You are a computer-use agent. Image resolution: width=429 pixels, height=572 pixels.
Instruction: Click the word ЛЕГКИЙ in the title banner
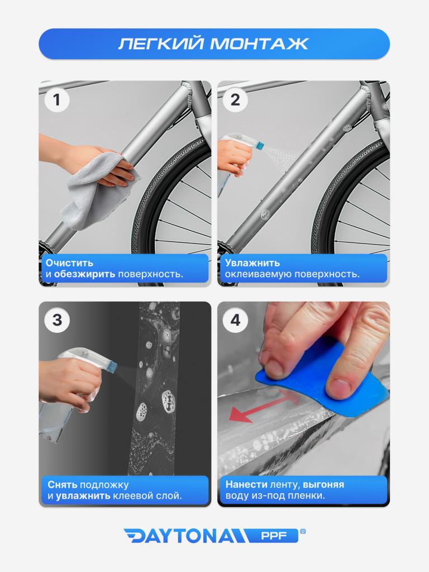[161, 44]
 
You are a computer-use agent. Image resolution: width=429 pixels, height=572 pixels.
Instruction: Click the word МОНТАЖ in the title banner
[259, 44]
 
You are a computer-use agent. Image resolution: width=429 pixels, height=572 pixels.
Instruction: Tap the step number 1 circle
[57, 100]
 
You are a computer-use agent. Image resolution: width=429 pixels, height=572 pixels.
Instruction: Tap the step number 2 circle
[235, 100]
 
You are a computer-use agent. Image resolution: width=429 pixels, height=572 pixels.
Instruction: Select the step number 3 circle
[57, 320]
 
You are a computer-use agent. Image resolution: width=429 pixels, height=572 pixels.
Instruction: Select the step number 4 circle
[235, 320]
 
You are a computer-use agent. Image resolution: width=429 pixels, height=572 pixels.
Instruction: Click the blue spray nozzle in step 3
[112, 365]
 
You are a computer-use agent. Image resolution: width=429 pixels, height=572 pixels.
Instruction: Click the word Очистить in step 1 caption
[69, 263]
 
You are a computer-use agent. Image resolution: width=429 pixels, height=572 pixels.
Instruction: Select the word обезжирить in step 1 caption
[85, 274]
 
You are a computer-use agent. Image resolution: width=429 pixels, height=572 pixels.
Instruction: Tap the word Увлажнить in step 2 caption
[252, 263]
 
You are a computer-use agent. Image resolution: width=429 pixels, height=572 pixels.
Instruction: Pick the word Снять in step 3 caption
[63, 485]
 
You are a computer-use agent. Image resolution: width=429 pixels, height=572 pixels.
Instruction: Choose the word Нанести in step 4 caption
[246, 484]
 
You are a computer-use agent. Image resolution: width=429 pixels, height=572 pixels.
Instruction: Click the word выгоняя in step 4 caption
[323, 485]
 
